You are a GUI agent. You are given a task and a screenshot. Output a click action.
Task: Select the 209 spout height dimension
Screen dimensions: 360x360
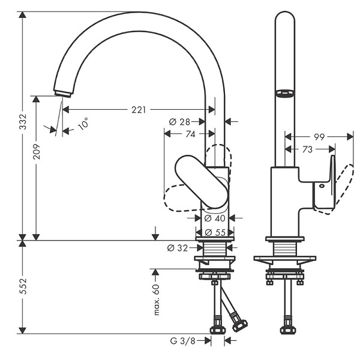pyautogui.click(x=37, y=151)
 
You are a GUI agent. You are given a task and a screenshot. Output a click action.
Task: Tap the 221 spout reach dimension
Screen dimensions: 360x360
pyautogui.click(x=139, y=110)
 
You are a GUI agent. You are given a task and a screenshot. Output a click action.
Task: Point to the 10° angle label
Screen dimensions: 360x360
pyautogui.click(x=83, y=124)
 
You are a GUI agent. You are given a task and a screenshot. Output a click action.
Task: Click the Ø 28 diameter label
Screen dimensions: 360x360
pyautogui.click(x=179, y=122)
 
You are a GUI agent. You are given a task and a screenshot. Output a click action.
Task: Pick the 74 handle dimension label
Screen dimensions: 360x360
pyautogui.click(x=190, y=134)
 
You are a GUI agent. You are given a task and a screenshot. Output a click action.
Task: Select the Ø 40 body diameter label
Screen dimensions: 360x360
pyautogui.click(x=215, y=218)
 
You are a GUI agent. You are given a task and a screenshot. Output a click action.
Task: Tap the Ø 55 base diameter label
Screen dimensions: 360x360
pyautogui.click(x=215, y=233)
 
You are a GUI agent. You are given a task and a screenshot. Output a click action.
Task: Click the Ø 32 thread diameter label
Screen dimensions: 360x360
pyautogui.click(x=178, y=248)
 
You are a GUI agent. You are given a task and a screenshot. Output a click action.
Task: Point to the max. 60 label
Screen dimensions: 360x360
pyautogui.click(x=157, y=299)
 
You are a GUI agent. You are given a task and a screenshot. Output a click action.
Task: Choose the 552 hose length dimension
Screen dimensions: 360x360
pyautogui.click(x=23, y=286)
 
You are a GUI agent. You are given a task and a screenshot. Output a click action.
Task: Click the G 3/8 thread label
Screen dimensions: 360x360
pyautogui.click(x=183, y=341)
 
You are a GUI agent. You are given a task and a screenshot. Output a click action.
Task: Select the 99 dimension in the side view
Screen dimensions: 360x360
pyautogui.click(x=319, y=137)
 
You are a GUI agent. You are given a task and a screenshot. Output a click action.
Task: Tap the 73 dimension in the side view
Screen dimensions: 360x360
pyautogui.click(x=307, y=149)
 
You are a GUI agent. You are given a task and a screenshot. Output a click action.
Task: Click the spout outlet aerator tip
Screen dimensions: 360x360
pyautogui.click(x=63, y=94)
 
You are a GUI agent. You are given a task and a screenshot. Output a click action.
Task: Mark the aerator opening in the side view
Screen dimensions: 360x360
pyautogui.click(x=284, y=93)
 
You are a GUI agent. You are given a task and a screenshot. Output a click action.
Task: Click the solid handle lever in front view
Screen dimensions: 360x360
pyautogui.click(x=202, y=182)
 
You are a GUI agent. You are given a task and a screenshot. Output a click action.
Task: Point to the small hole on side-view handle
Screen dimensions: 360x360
pyautogui.click(x=322, y=186)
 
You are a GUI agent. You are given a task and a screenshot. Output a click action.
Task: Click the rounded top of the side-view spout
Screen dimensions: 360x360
pyautogui.click(x=284, y=12)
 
